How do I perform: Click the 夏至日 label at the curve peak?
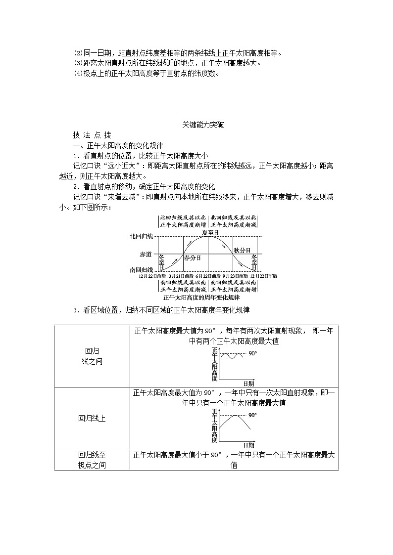click(210, 232)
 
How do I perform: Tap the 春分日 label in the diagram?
click(192, 258)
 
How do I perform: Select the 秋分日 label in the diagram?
click(242, 250)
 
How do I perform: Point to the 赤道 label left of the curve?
click(146, 254)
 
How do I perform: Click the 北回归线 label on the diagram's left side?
click(142, 237)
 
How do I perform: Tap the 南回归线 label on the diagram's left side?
click(142, 270)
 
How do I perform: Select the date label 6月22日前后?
click(208, 276)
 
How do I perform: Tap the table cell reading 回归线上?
click(92, 418)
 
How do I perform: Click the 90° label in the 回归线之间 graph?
click(252, 354)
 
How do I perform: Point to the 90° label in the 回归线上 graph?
click(252, 416)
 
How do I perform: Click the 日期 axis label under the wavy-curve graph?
click(248, 384)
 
